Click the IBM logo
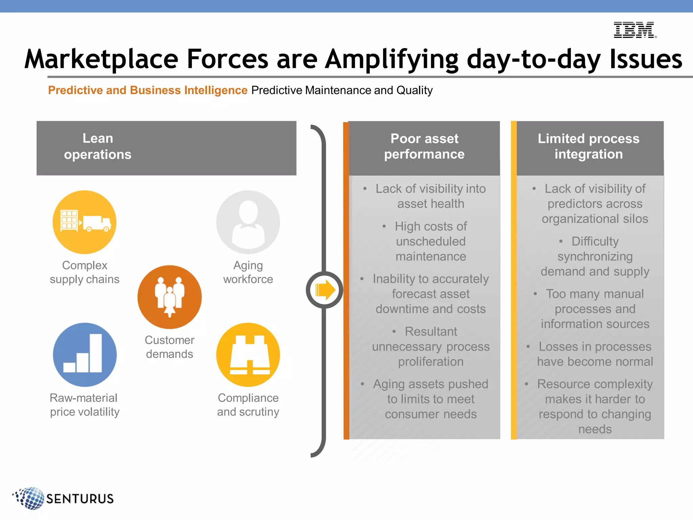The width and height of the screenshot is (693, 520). [634, 30]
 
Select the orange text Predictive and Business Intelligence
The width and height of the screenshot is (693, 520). [148, 90]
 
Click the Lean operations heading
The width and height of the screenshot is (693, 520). [98, 146]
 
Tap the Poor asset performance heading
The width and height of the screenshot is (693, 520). [424, 146]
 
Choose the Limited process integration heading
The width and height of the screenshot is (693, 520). [588, 146]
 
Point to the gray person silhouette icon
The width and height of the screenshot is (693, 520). [248, 222]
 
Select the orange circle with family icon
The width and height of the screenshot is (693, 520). [170, 297]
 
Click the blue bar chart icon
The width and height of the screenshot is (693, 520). [85, 354]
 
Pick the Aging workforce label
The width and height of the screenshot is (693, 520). [248, 272]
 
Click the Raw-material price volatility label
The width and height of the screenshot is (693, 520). [85, 405]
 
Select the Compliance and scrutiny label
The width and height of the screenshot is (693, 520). [248, 405]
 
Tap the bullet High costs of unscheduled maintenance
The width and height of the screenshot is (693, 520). [431, 241]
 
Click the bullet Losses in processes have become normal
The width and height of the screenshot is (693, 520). [595, 354]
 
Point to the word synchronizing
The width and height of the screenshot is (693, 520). [595, 257]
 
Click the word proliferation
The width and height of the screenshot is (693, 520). [431, 362]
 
